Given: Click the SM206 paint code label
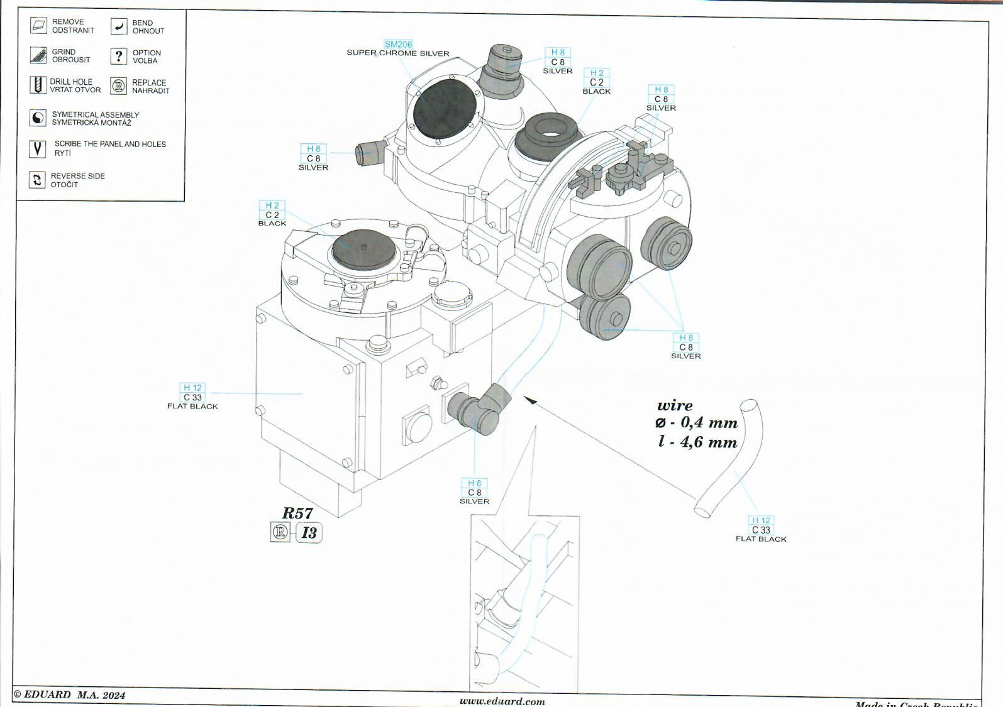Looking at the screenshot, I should coord(398,44).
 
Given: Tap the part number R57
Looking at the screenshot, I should coord(297,513).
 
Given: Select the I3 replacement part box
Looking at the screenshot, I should coord(309,533).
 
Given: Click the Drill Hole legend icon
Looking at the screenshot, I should coord(38,85).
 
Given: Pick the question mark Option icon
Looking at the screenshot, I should coord(118,57).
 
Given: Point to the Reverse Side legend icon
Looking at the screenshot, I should coord(38,180).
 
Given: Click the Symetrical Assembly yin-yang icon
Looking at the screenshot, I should coord(38,118).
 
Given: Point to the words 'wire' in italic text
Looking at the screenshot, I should coord(675,405).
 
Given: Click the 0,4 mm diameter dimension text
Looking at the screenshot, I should coord(697,423).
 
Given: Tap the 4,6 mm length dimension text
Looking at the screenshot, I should coord(698,442).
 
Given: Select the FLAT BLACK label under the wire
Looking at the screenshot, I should coord(761,539).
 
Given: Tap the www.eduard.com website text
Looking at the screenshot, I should coord(502,701).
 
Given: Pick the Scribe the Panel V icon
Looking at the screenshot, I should coord(38,149).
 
